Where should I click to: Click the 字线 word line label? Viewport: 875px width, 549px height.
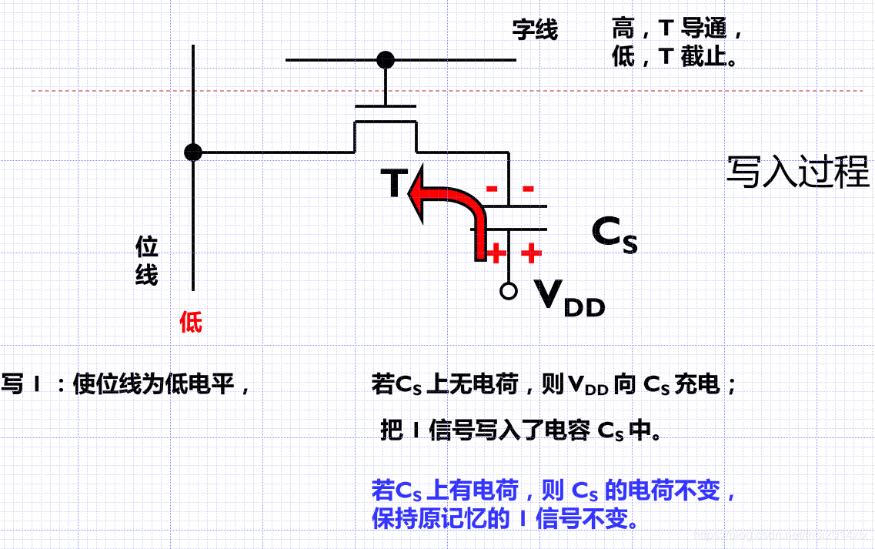click(535, 31)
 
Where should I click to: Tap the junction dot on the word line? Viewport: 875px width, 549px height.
click(385, 59)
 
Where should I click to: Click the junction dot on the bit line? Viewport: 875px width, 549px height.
click(193, 152)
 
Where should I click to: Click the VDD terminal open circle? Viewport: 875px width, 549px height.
click(508, 291)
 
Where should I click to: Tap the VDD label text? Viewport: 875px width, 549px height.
click(570, 298)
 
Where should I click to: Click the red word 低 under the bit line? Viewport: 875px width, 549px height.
click(191, 321)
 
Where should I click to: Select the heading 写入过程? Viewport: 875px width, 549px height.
click(797, 172)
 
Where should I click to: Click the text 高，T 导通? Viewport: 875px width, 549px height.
click(678, 29)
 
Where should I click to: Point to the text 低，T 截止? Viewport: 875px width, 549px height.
click(675, 56)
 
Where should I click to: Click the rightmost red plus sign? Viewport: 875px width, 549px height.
click(531, 253)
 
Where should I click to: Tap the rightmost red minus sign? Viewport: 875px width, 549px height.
click(528, 189)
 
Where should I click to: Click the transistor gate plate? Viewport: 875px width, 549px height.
click(385, 105)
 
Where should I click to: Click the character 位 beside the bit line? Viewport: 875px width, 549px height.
click(147, 247)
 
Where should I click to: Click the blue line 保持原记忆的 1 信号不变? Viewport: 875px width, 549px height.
click(506, 518)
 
